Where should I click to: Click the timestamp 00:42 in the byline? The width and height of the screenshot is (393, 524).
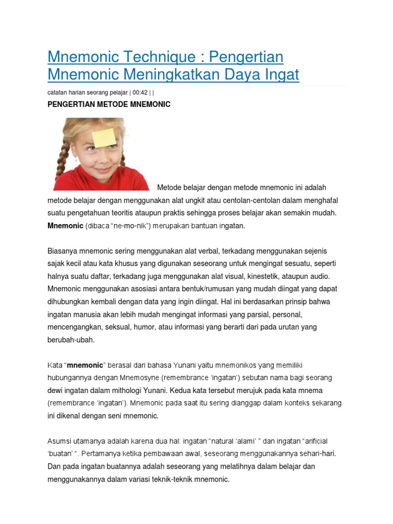click(x=139, y=92)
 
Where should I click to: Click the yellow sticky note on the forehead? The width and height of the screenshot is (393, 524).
click(x=103, y=137)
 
